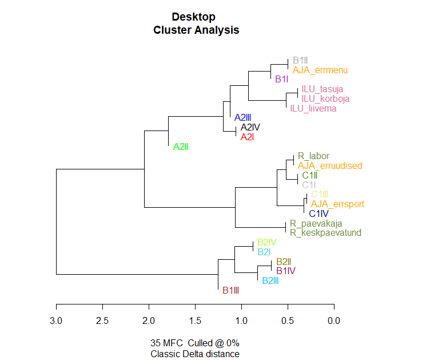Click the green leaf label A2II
pos(181,147)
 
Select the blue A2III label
pos(243,117)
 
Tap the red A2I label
pos(247,137)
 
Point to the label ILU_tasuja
pos(322,89)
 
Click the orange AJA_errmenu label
pos(320,70)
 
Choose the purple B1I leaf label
pos(281,79)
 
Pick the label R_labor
pos(313,156)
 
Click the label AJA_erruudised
pos(330,166)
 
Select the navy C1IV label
pos(318,213)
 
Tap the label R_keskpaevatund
pos(325,232)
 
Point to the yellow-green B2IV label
pos(267,243)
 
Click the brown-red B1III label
pos(230,290)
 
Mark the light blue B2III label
pos(270,281)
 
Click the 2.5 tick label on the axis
pos(102,321)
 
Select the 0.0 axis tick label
pos(334,321)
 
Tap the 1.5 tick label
pos(195,321)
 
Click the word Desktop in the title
pos(193,17)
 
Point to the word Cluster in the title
pos(172,30)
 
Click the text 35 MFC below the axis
pos(166,343)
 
